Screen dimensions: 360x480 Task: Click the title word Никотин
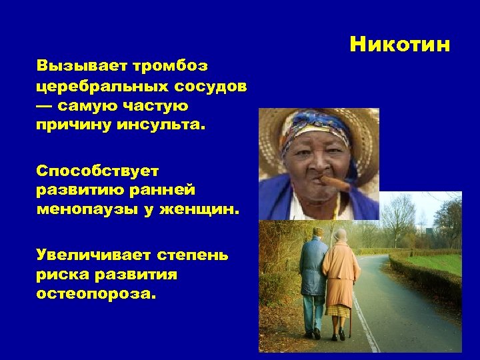click(400, 45)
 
